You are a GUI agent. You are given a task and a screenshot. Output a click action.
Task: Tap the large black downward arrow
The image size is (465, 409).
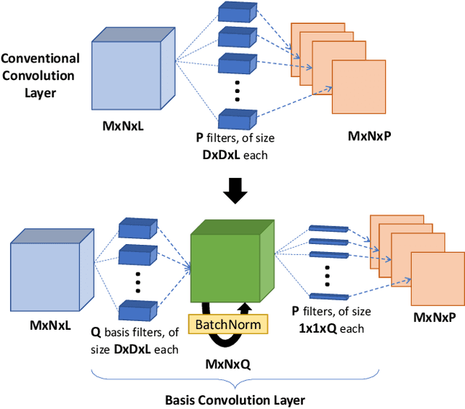click(234, 190)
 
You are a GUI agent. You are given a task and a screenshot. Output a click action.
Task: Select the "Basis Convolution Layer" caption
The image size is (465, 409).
click(234, 400)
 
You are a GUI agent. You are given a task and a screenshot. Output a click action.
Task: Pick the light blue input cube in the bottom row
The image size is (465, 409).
click(44, 270)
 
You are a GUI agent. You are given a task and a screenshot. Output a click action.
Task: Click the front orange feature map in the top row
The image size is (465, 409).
click(359, 87)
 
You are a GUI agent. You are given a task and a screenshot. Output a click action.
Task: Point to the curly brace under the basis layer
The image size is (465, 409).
click(234, 380)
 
